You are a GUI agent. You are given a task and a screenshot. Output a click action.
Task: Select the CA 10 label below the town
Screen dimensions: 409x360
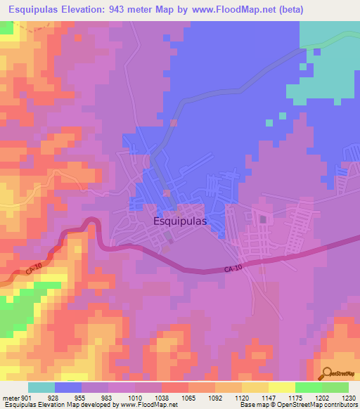point(235,269)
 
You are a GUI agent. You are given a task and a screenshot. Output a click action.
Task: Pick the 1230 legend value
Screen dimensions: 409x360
point(349,397)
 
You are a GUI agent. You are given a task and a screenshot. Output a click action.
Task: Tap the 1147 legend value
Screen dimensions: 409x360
point(269,397)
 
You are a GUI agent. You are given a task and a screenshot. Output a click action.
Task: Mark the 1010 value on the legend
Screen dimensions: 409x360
point(135,397)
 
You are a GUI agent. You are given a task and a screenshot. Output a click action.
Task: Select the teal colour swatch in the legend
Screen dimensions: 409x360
point(41,387)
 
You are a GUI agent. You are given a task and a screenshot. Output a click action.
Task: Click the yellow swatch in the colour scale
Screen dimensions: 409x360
point(281,387)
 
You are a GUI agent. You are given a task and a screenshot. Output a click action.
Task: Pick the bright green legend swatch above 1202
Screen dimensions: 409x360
point(308,387)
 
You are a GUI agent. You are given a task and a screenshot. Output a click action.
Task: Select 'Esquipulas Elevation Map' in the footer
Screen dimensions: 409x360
point(34,405)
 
